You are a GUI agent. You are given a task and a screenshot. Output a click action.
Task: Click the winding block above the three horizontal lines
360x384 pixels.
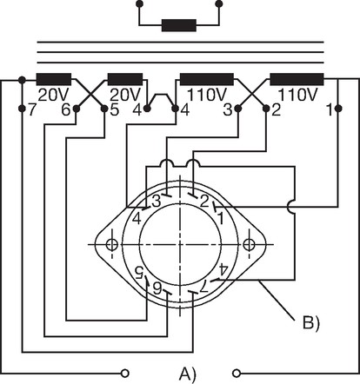tap(179, 25)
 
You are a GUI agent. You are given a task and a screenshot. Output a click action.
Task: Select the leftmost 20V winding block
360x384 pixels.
tap(54, 79)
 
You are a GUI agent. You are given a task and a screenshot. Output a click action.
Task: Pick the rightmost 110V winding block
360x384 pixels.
tap(297, 79)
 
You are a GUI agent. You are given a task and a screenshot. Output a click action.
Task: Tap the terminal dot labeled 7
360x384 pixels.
tap(22, 109)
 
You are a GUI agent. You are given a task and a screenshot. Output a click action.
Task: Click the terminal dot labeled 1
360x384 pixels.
tap(338, 109)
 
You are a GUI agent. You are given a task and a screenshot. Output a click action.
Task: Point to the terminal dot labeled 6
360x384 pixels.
tap(77, 109)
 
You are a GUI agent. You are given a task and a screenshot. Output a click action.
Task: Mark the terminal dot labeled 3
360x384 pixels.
tap(237, 109)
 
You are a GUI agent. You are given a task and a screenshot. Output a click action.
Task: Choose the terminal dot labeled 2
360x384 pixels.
tap(266, 109)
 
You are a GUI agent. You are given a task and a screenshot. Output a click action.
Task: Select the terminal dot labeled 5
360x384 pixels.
tap(104, 109)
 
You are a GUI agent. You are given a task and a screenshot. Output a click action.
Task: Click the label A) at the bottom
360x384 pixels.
tap(188, 374)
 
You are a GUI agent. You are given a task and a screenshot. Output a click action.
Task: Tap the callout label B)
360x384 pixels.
tap(311, 323)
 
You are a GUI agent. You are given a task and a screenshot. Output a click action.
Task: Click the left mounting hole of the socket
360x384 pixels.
tap(112, 245)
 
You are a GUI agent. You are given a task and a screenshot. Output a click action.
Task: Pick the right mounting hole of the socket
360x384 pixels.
tap(249, 245)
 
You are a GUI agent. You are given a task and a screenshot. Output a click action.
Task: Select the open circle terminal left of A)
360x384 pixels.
tap(125, 374)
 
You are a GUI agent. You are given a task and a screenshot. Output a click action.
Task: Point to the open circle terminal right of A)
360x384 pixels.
tap(237, 374)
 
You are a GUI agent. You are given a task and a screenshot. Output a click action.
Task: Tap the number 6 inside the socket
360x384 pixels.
tap(157, 288)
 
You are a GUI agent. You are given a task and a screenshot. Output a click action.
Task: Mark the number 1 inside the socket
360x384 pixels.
tap(220, 218)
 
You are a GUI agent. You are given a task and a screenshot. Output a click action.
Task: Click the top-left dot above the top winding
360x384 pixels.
tap(139, 3)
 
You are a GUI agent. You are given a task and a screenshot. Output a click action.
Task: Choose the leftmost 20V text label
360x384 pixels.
tap(54, 95)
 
